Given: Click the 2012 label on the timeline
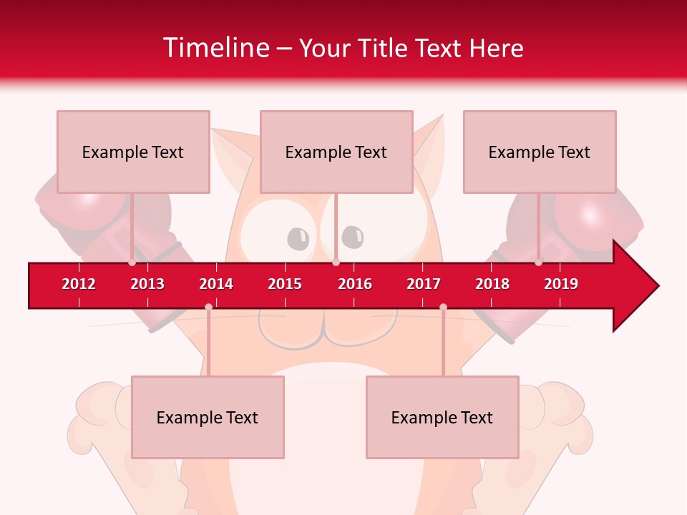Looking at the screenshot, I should (x=79, y=284).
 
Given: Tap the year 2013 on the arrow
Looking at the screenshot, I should (x=147, y=284).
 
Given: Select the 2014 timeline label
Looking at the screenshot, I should (x=216, y=284).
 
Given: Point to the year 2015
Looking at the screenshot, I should (x=285, y=284).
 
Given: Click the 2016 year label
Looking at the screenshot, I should (x=355, y=284).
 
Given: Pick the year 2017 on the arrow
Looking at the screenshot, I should (x=424, y=284).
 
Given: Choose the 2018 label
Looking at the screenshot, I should (x=492, y=284).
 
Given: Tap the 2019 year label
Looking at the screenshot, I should (x=561, y=284).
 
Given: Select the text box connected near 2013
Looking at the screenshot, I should (x=133, y=152).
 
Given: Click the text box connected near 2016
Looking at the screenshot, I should (x=336, y=152).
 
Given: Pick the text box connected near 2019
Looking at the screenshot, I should (x=540, y=152).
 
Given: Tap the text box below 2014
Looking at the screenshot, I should (x=208, y=417).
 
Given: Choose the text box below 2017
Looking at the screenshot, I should (x=442, y=417).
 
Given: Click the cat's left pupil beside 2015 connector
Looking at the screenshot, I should (x=297, y=237).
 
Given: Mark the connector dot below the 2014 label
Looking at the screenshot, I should (x=208, y=307).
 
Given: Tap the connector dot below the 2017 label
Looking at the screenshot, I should (x=443, y=307).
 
